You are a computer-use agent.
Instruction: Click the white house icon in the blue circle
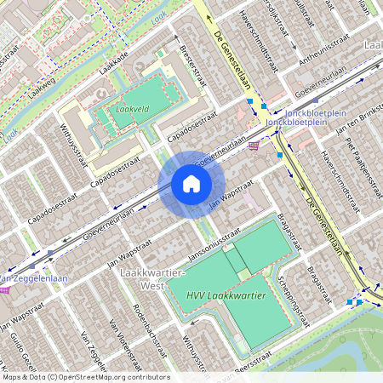pos(191,184)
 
